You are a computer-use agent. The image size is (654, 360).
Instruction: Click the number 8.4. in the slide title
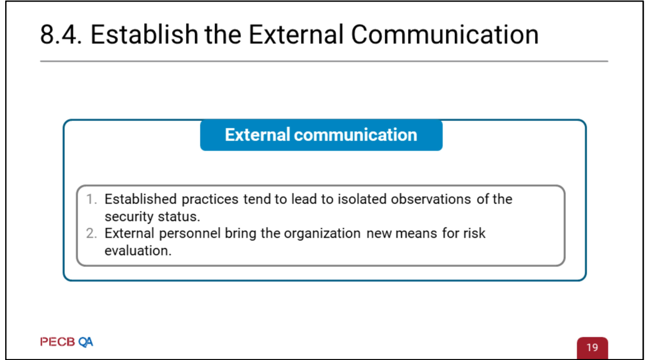61,34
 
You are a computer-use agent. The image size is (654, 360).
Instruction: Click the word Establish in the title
145,34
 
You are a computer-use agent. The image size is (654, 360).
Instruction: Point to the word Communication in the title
444,34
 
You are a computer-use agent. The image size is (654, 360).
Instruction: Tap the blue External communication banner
321,135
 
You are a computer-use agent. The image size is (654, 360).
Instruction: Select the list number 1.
91,199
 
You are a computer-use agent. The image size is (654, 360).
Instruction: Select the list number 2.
91,233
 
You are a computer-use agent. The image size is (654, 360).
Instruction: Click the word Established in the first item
141,199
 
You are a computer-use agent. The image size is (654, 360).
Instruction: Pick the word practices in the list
210,200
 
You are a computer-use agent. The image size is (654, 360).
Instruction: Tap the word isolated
361,199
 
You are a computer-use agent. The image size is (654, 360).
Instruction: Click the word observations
431,199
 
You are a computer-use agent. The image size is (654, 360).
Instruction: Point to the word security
129,217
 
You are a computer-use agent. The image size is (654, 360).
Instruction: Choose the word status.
179,217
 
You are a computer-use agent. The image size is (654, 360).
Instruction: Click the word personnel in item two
190,234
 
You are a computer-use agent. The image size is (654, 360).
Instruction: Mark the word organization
322,234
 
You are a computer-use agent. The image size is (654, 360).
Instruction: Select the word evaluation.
138,251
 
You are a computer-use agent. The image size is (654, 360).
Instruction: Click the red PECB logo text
58,342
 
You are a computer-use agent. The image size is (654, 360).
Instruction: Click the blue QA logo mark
86,342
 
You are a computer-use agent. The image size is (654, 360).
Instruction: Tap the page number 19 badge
592,348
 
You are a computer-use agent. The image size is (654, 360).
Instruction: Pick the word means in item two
416,234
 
